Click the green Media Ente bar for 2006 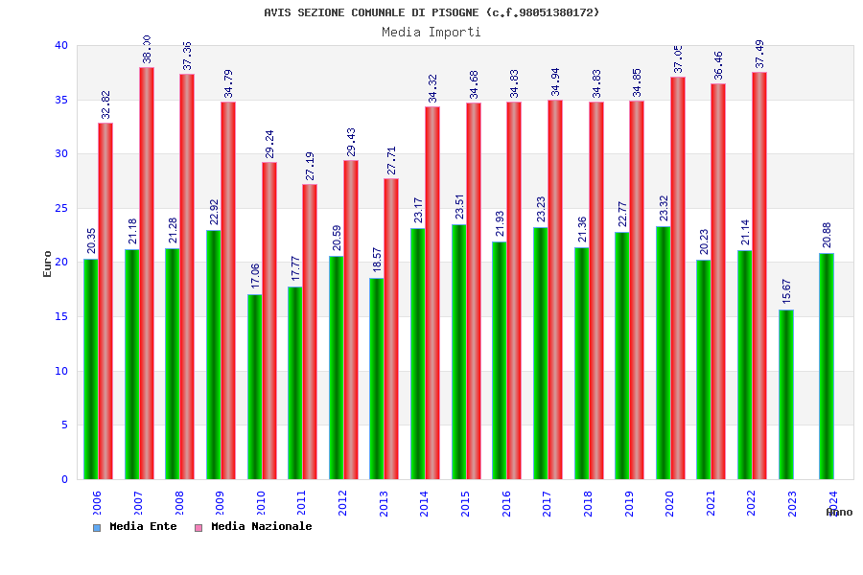[x=90, y=369]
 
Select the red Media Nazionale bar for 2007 [x=147, y=273]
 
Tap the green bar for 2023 [x=786, y=394]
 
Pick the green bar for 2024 [x=827, y=366]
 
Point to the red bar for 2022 [x=759, y=276]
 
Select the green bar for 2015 [x=458, y=352]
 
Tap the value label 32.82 [x=105, y=104]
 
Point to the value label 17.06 [x=255, y=276]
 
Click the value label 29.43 [x=351, y=142]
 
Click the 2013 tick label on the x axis [x=384, y=504]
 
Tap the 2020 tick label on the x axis [x=669, y=504]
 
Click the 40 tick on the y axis [x=61, y=45]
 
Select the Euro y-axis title [x=48, y=264]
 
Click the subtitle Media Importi [x=431, y=32]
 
